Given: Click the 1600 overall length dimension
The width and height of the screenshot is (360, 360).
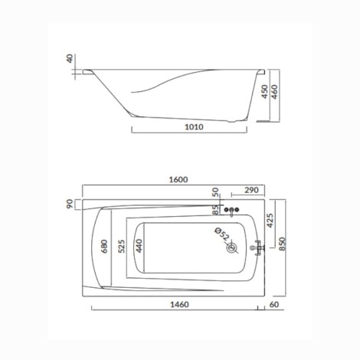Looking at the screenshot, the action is tap(178, 179).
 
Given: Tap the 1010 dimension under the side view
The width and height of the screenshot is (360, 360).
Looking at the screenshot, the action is tap(194, 127).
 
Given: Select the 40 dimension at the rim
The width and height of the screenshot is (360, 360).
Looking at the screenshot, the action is tap(70, 58).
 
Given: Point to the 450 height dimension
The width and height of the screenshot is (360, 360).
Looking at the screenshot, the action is tap(265, 91).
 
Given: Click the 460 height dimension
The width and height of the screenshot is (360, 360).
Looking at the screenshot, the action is tap(274, 92).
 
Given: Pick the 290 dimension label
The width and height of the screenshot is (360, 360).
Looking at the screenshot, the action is tap(251, 190).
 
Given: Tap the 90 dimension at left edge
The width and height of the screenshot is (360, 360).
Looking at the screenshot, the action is tap(70, 204).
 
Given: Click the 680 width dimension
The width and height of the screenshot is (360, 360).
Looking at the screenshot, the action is tap(104, 246).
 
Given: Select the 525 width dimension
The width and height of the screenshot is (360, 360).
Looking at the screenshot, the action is tap(122, 246).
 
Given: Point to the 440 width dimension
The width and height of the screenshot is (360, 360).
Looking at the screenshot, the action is tap(139, 246).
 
